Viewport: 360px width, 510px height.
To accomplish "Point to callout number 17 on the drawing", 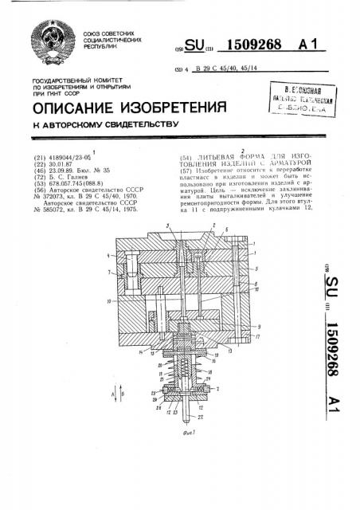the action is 252,338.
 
